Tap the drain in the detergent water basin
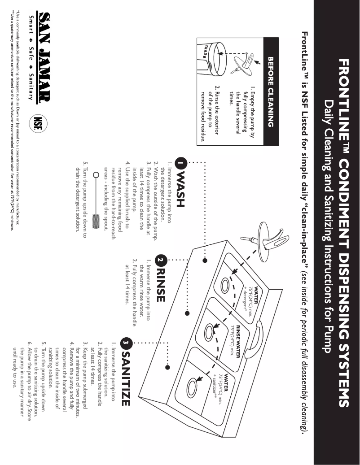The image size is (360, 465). click(x=228, y=285)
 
